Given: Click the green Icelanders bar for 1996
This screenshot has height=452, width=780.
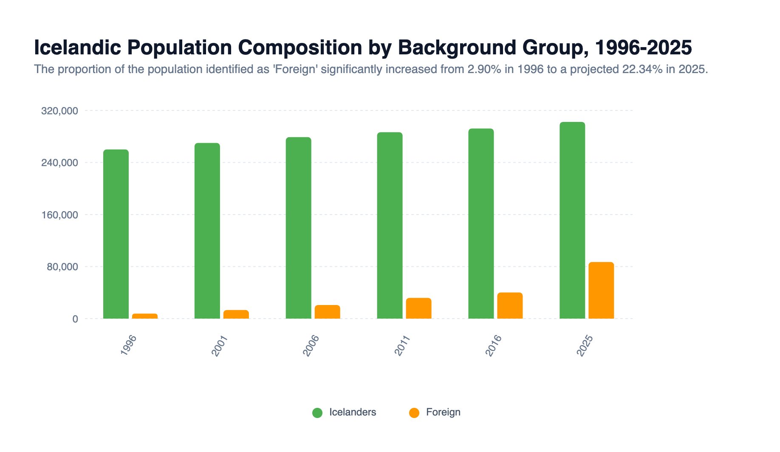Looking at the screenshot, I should pos(116,234).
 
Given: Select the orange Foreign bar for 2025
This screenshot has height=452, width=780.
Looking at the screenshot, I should pos(601,291).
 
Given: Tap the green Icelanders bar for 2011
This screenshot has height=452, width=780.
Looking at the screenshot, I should pos(390,226).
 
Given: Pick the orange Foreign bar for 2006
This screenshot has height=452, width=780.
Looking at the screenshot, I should pos(327,312).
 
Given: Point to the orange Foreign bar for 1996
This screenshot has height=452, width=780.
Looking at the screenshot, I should pos(145,316).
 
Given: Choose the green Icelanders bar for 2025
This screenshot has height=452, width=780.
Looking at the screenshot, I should pos(572,220).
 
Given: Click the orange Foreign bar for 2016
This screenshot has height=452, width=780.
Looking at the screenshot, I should pos(510,306).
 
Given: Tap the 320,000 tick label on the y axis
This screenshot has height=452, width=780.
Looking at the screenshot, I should pos(59,111).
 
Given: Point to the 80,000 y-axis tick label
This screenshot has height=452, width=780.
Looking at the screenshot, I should pos(59,267).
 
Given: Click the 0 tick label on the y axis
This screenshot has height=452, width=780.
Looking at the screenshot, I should pos(75,319).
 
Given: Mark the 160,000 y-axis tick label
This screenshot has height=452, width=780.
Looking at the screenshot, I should pos(59,215).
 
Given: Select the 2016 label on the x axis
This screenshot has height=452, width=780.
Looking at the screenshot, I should pos(494,345).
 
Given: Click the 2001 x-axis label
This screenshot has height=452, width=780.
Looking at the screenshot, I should pos(220,345).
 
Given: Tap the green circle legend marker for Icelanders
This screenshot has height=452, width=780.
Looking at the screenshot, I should pos(317,412).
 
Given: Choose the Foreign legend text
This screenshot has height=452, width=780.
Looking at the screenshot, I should pos(443,412).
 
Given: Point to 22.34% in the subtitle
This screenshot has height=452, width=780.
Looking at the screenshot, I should pos(642,69).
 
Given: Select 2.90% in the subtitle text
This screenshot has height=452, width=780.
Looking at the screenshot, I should pos(484,69).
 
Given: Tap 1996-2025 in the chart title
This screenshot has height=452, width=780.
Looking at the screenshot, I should pos(643,47).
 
